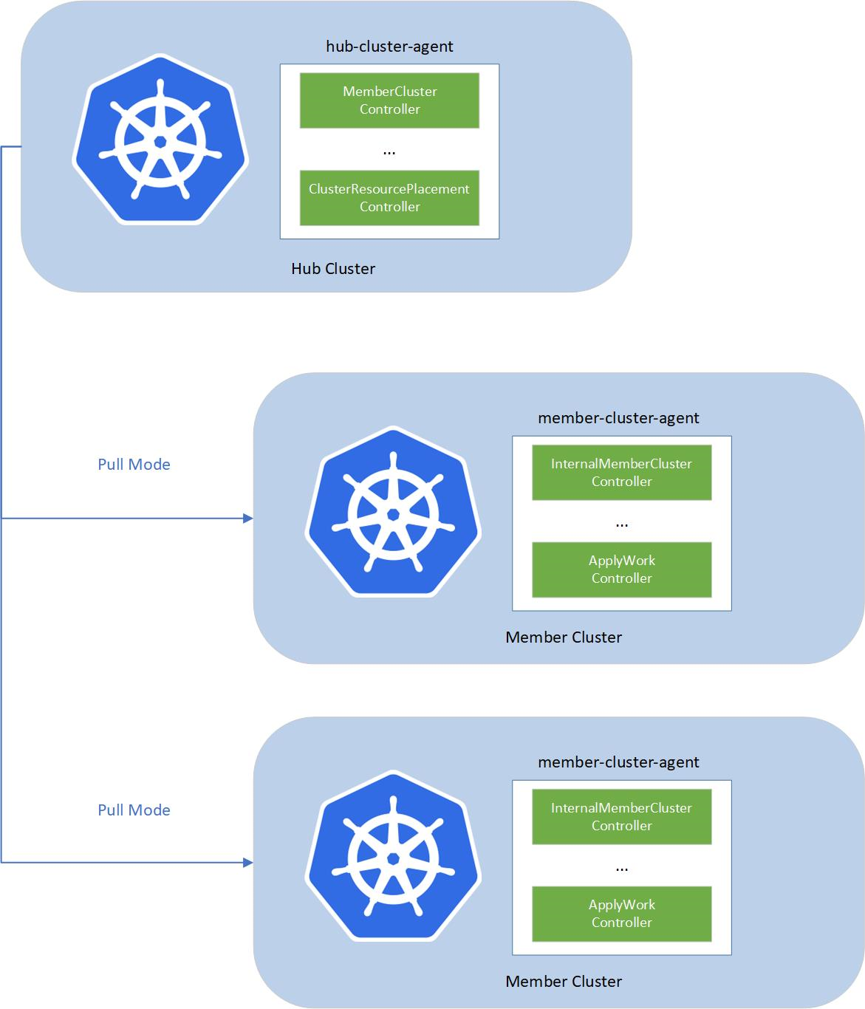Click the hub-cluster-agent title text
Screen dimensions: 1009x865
(x=389, y=47)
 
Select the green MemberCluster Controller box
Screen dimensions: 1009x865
(x=389, y=100)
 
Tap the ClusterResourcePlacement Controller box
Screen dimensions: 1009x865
(x=389, y=198)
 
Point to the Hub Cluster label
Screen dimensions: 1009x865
(x=333, y=269)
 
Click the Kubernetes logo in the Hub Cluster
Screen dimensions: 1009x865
(x=160, y=140)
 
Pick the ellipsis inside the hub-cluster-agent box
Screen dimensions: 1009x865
(x=389, y=152)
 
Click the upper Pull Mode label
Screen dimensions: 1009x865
(x=134, y=465)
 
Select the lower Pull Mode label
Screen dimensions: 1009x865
(x=134, y=810)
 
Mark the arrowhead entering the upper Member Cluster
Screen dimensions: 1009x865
(x=248, y=519)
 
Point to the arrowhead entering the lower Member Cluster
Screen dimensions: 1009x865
(x=248, y=863)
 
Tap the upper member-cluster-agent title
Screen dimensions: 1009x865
(x=618, y=418)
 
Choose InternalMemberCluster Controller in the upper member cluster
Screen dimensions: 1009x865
(x=621, y=473)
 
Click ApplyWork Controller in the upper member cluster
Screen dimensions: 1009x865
(x=621, y=570)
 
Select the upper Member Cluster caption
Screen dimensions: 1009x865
(x=564, y=637)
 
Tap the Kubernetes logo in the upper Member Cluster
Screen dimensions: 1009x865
(x=393, y=512)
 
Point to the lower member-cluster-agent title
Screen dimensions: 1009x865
(x=618, y=762)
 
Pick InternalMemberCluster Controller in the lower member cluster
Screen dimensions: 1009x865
(x=621, y=817)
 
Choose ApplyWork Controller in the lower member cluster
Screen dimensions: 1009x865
(x=621, y=914)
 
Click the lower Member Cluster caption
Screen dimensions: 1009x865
(x=564, y=982)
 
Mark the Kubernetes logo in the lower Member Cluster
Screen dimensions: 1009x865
(x=393, y=856)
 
